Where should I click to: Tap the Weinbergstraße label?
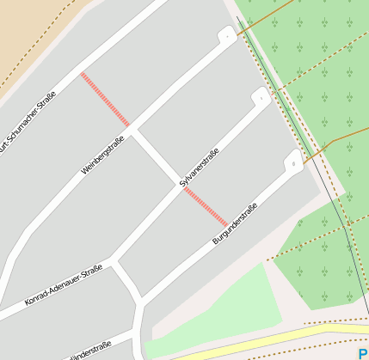103,155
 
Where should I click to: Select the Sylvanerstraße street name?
200,168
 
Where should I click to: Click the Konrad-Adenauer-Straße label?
64,284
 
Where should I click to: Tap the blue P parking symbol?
363,352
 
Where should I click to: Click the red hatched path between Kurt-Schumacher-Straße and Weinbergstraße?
105,99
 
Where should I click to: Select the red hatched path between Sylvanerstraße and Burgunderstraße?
206,208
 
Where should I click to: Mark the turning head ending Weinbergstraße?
226,37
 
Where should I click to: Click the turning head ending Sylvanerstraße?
259,98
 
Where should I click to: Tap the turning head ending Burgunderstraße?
292,161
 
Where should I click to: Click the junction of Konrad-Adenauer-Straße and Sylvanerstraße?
113,259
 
